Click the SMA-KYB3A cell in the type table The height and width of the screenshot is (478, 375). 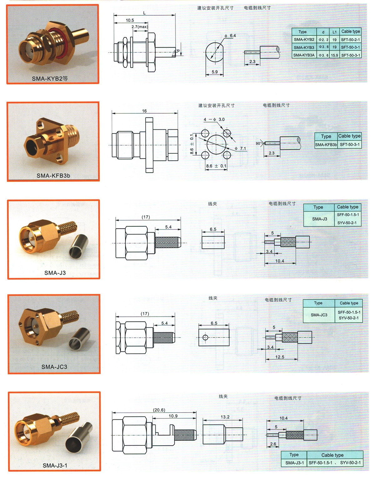[304, 55]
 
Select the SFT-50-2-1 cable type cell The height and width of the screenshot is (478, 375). [350, 40]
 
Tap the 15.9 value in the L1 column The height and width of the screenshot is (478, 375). [334, 55]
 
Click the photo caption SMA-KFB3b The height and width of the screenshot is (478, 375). [53, 176]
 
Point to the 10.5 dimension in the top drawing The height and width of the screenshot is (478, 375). [130, 20]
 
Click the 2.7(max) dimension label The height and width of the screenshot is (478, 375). [140, 27]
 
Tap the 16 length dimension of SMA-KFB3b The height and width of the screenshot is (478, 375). [144, 111]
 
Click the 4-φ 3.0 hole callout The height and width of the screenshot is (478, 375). [214, 120]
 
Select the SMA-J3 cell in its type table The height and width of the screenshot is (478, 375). [319, 219]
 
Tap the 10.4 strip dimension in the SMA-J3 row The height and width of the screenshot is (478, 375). [280, 261]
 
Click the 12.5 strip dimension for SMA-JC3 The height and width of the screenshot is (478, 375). [280, 357]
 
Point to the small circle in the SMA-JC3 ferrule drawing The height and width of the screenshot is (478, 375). [205, 337]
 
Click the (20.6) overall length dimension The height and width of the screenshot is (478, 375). [159, 410]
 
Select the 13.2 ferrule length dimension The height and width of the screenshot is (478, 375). [225, 417]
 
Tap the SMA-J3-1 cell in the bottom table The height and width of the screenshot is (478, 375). [294, 463]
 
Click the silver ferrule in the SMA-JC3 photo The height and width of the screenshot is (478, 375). [80, 339]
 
